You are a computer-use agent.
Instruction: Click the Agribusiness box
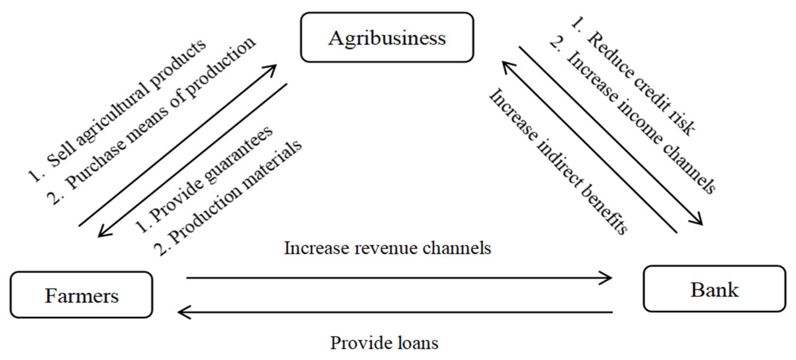click(x=387, y=37)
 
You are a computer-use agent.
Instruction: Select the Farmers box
click(x=82, y=295)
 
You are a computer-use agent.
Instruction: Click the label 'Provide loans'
click(x=384, y=343)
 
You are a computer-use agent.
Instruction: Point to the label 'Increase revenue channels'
click(x=387, y=248)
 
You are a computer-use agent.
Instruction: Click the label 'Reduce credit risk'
click(x=633, y=77)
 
